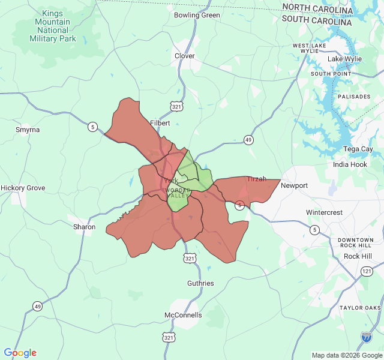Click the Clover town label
(184, 56)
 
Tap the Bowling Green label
(197, 15)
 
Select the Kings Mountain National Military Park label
(53, 26)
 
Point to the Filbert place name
(160, 122)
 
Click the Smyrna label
(28, 130)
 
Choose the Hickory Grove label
(23, 188)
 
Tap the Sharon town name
(84, 227)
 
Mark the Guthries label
(200, 283)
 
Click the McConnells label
(183, 315)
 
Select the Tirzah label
(257, 179)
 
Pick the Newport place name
(294, 185)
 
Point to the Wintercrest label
(324, 212)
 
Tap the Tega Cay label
(358, 149)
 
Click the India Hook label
(350, 164)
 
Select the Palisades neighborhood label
(354, 96)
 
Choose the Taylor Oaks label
(360, 308)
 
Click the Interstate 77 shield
(366, 337)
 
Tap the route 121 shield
(367, 271)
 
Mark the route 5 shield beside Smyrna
(92, 127)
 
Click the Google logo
(20, 353)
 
